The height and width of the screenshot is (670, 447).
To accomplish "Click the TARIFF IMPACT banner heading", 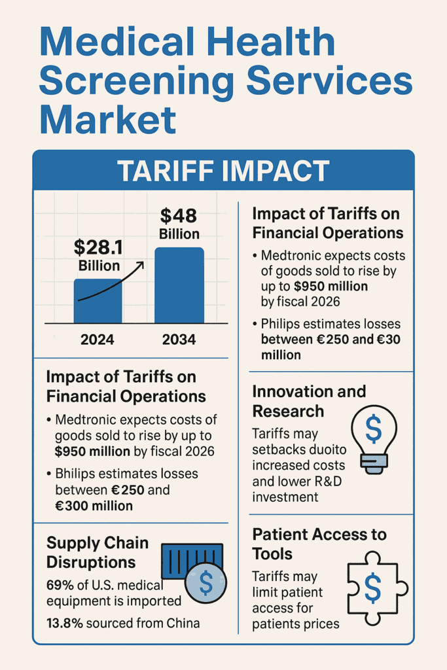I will [x=223, y=171].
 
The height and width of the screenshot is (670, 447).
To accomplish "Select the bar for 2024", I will [x=98, y=301].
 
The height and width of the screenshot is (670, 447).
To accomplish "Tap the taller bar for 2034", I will [x=179, y=285].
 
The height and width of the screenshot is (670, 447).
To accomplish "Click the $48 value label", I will [x=179, y=216].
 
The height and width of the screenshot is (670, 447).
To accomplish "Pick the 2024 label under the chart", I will [x=98, y=340].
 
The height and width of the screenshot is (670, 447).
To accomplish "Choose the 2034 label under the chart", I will [x=179, y=340].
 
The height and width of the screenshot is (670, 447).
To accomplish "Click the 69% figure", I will [x=60, y=584].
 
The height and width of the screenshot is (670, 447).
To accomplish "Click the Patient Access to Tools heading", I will [x=319, y=544].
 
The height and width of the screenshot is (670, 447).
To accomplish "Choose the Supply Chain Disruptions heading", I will [x=98, y=552].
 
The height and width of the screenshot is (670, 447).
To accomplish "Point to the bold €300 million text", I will [x=94, y=505].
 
